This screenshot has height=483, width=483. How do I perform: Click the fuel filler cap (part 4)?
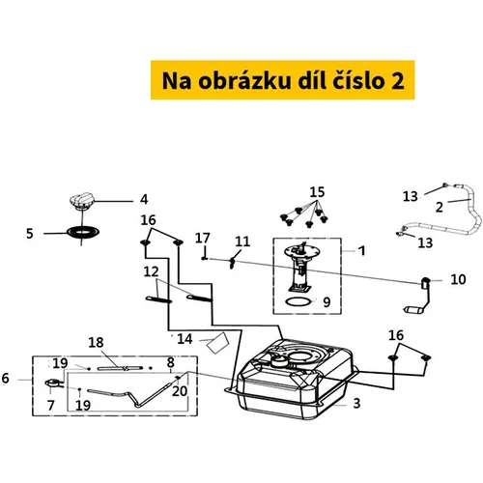coord(82,201)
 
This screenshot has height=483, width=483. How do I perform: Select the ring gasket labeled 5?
coord(83,232)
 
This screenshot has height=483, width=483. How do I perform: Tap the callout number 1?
coord(362,250)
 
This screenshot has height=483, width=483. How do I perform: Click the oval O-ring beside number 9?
coord(298,301)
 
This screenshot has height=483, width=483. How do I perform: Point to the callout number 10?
coord(458,279)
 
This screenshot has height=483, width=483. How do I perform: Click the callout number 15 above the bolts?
coord(317,192)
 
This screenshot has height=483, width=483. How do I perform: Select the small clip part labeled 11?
coord(233,263)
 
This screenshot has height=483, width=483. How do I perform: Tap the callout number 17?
coord(202,239)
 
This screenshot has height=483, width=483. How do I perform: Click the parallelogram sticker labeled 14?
coord(217,343)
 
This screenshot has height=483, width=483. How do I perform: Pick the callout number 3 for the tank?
coord(356,403)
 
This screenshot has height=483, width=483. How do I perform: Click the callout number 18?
coord(96,343)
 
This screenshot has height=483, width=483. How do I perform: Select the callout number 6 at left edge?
coord(6,378)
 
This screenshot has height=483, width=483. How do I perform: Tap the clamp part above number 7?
coord(53,384)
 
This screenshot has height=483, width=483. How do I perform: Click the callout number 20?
coord(180,391)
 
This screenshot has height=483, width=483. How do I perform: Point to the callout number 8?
coord(170,363)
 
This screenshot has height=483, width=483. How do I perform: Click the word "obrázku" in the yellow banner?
coord(244,80)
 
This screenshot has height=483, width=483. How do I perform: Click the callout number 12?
coord(151,272)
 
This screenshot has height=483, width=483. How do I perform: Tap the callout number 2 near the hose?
coord(440,208)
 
